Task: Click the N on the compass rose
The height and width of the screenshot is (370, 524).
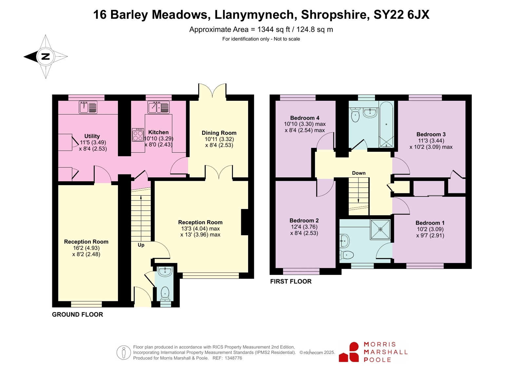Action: (x=45, y=56)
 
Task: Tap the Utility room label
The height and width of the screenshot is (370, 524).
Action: (x=92, y=136)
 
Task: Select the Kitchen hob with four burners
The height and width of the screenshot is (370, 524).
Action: (x=138, y=135)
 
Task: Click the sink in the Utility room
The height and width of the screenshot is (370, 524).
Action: (x=88, y=107)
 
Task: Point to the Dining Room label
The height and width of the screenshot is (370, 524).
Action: (x=219, y=133)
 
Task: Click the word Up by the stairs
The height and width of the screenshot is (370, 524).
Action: (x=141, y=245)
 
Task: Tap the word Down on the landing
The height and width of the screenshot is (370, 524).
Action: (x=359, y=173)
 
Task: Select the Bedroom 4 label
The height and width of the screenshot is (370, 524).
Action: (x=304, y=118)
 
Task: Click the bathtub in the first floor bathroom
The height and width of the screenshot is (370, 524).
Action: (x=386, y=125)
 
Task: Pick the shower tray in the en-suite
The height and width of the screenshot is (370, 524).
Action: (x=380, y=229)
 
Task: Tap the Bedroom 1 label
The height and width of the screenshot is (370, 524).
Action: (x=430, y=223)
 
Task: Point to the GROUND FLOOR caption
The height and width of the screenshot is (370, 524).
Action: (x=77, y=314)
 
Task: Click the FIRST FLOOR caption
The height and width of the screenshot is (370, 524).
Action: (x=291, y=281)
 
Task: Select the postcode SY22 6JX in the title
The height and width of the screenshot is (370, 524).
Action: (x=401, y=14)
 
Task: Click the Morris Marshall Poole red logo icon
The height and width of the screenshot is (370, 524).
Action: (x=349, y=352)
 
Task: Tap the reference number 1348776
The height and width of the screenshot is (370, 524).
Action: (x=233, y=358)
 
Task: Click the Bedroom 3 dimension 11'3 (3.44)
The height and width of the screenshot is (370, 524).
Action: (x=431, y=141)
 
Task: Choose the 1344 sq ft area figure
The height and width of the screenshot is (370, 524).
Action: (x=274, y=29)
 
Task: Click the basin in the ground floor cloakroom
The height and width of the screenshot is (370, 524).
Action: (x=165, y=272)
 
